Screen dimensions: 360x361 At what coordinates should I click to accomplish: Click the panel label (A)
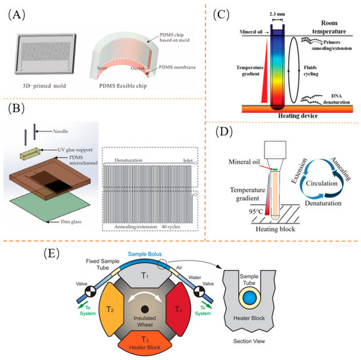[x=17, y=12]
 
